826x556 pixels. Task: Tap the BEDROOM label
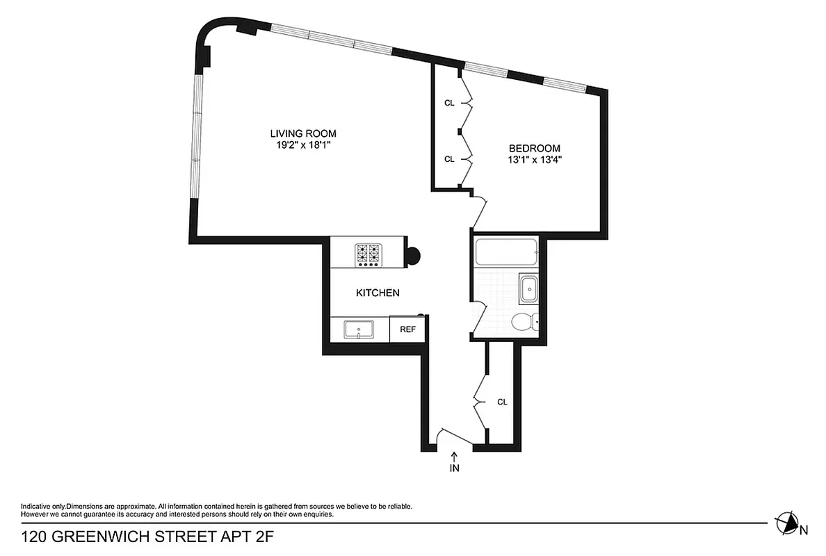(x=534, y=148)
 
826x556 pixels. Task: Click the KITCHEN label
(x=378, y=293)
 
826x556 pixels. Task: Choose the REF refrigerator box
(x=407, y=329)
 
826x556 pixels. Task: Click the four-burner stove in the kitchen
(x=369, y=254)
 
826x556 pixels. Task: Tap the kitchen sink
(x=359, y=329)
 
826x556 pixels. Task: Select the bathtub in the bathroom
(x=505, y=252)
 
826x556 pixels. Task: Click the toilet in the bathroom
(x=522, y=322)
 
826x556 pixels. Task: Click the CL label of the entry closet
(x=502, y=402)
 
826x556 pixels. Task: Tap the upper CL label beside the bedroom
(x=449, y=103)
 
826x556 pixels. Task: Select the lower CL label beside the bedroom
(x=449, y=158)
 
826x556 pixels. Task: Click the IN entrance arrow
(x=454, y=462)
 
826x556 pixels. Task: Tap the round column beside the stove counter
(x=412, y=255)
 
